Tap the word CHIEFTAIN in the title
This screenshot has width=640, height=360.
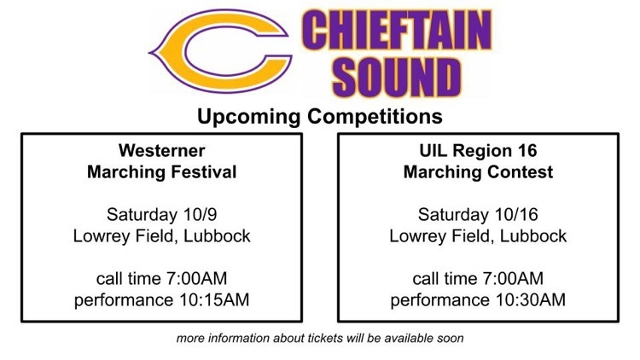396,30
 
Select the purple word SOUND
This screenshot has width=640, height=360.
396,77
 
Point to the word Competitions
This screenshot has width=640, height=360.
375,117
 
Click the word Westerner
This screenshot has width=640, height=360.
161,151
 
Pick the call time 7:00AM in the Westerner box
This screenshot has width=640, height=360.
196,279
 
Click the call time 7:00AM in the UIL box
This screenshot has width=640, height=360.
513,279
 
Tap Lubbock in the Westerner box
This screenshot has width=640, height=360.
217,236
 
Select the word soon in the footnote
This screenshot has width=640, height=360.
452,339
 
